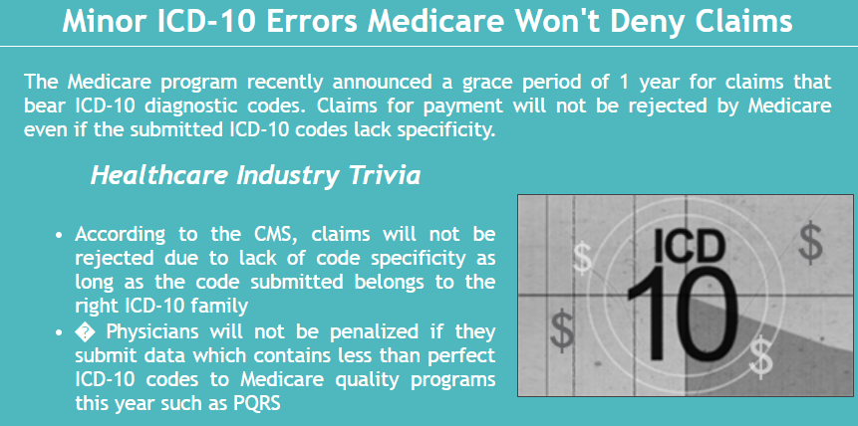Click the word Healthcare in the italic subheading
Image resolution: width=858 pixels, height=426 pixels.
point(158,175)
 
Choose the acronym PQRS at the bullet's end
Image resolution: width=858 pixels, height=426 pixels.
point(257,403)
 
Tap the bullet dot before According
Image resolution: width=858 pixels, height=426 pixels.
point(60,235)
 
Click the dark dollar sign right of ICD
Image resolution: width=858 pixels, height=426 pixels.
point(810,242)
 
